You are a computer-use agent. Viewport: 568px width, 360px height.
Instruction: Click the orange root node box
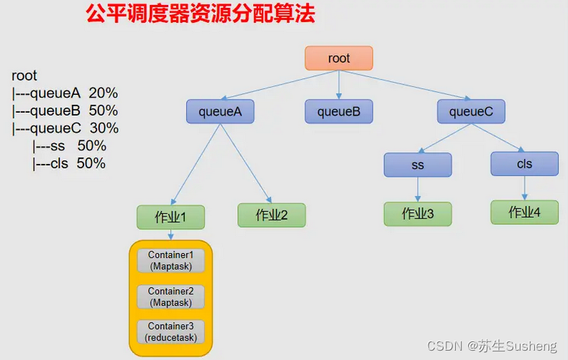pos(339,58)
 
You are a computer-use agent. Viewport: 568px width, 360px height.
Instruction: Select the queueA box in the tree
pos(220,111)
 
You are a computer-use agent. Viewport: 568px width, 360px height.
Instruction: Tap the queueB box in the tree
pos(339,111)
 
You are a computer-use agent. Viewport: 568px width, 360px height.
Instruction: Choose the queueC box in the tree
pos(471,111)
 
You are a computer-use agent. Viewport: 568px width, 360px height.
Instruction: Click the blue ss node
pos(418,165)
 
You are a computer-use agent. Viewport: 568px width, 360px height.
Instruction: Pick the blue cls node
pos(524,163)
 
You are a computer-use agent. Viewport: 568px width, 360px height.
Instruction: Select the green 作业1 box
pos(170,217)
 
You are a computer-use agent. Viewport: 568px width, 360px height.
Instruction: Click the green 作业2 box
pos(272,215)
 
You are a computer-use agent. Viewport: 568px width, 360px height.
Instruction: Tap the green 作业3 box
pos(418,213)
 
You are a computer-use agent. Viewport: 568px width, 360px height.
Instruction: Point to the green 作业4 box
pos(524,212)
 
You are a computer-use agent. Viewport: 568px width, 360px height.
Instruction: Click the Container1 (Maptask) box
pos(170,260)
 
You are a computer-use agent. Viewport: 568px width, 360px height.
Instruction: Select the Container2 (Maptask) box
pos(170,296)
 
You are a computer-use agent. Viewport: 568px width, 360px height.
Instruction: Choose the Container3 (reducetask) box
pos(170,331)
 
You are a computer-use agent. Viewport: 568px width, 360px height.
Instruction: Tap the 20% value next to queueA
pos(104,93)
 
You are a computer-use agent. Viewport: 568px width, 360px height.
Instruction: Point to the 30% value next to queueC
pos(104,129)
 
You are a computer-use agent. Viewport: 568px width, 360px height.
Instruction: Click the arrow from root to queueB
pos(339,85)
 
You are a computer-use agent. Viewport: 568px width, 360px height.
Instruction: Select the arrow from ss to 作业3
pos(418,189)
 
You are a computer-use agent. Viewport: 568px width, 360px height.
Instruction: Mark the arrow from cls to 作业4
pos(524,188)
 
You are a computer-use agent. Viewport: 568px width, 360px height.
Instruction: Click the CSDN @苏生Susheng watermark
pos(492,346)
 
